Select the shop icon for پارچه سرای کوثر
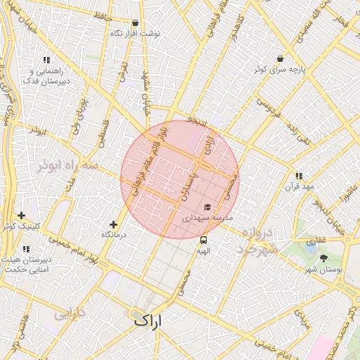[281, 58]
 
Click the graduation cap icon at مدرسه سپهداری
[207, 207]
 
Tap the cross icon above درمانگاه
[114, 224]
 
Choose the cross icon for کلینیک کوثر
[21, 215]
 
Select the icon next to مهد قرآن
[299, 176]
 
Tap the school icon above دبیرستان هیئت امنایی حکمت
[26, 249]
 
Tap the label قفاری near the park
[316, 240]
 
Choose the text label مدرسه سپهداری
[207, 219]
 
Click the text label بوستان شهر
[325, 269]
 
